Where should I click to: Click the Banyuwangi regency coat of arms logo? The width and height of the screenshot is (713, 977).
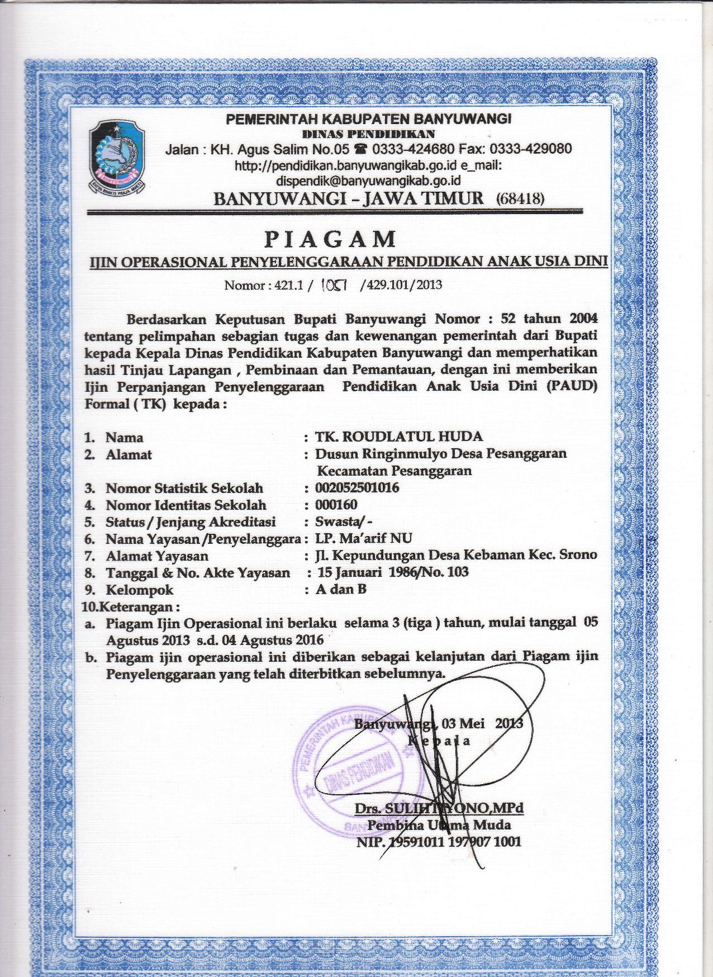click(x=116, y=156)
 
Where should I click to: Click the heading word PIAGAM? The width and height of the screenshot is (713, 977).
click(x=330, y=239)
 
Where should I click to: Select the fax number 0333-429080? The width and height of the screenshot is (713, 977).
click(x=530, y=149)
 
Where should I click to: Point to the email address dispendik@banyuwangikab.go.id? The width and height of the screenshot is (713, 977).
click(x=368, y=181)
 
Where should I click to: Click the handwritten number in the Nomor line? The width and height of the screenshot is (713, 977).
click(x=334, y=285)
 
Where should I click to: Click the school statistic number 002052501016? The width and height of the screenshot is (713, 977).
click(x=357, y=487)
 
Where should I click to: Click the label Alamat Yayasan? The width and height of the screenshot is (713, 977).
click(x=157, y=556)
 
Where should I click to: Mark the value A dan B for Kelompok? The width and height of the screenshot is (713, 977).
click(x=341, y=589)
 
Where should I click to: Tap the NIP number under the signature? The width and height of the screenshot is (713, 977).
click(x=439, y=841)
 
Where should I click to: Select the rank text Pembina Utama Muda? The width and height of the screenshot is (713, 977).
click(x=439, y=824)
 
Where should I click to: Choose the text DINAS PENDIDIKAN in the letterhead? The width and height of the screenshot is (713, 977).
click(x=368, y=134)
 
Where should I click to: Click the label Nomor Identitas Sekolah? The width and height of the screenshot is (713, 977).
click(x=186, y=505)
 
